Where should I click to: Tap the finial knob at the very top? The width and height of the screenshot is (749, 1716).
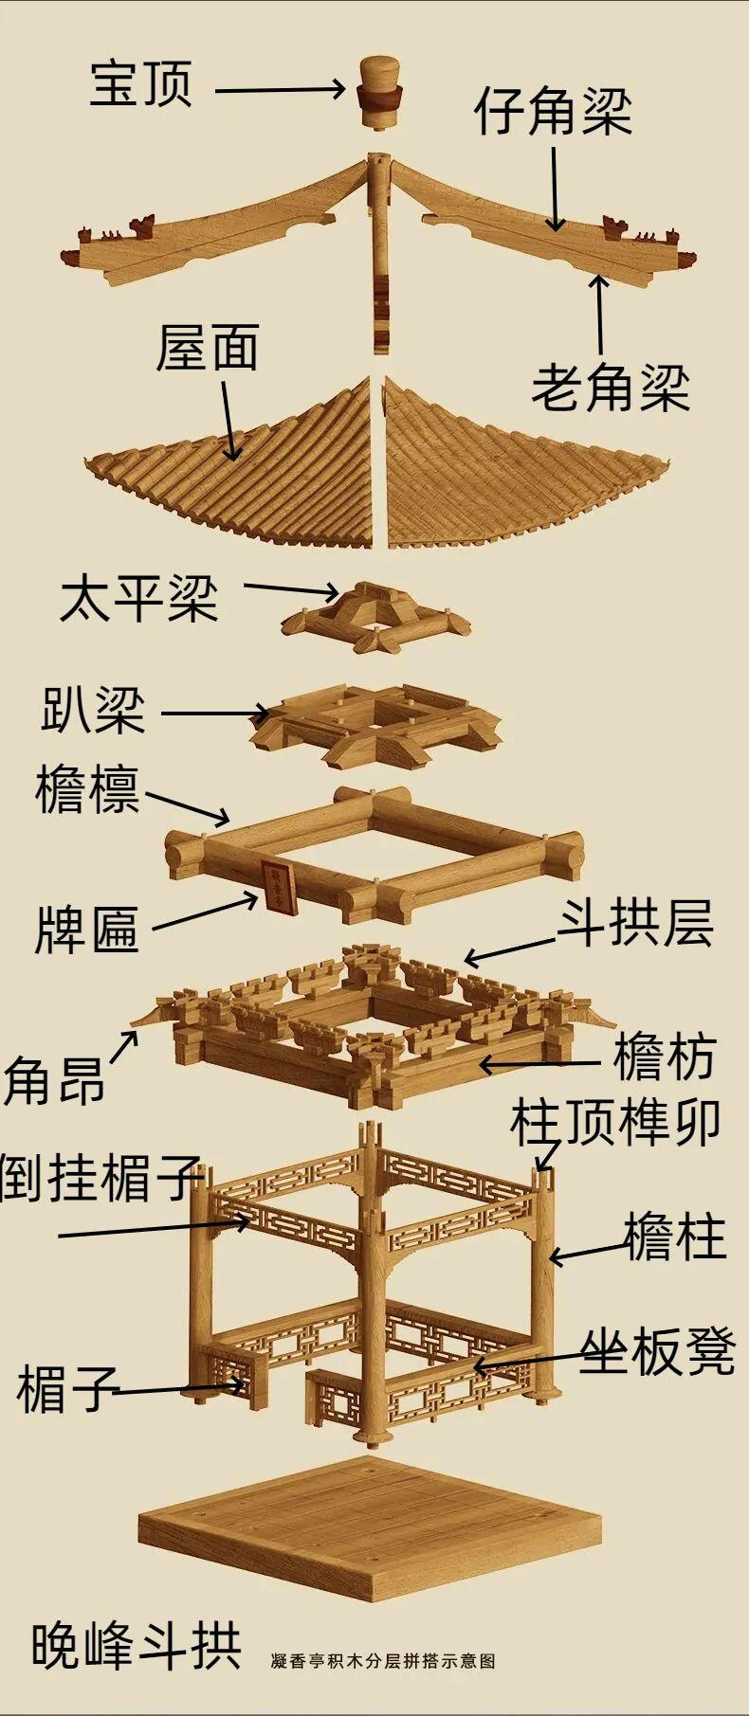coord(380,93)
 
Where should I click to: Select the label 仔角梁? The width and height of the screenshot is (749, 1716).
coord(554,112)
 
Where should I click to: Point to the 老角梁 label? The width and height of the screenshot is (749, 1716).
coord(611,388)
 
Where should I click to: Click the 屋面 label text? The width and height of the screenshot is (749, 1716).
coord(208,348)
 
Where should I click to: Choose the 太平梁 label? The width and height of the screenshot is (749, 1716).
coord(138,600)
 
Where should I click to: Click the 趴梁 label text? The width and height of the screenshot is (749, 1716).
coord(93,710)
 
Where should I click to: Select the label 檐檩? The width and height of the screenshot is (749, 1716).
coord(87,791)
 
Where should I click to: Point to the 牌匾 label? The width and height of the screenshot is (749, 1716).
coord(87,930)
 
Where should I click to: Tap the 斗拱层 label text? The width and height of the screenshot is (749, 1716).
coord(634,923)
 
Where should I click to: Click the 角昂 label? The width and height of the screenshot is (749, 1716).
coord(53,1079)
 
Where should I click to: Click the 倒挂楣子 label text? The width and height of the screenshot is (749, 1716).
coord(100,1178)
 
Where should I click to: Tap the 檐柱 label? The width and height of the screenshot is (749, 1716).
coord(675,1237)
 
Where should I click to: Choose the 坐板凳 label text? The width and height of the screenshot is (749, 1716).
coord(658,1352)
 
